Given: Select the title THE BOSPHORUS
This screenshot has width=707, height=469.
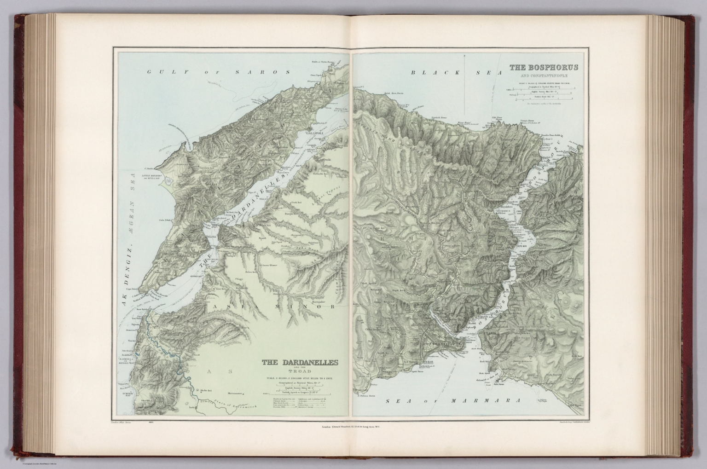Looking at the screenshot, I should pos(543,68).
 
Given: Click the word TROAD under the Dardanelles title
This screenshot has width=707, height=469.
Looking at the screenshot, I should pos(300,371).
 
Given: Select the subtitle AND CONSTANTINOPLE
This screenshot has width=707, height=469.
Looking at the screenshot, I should pos(543,75).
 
